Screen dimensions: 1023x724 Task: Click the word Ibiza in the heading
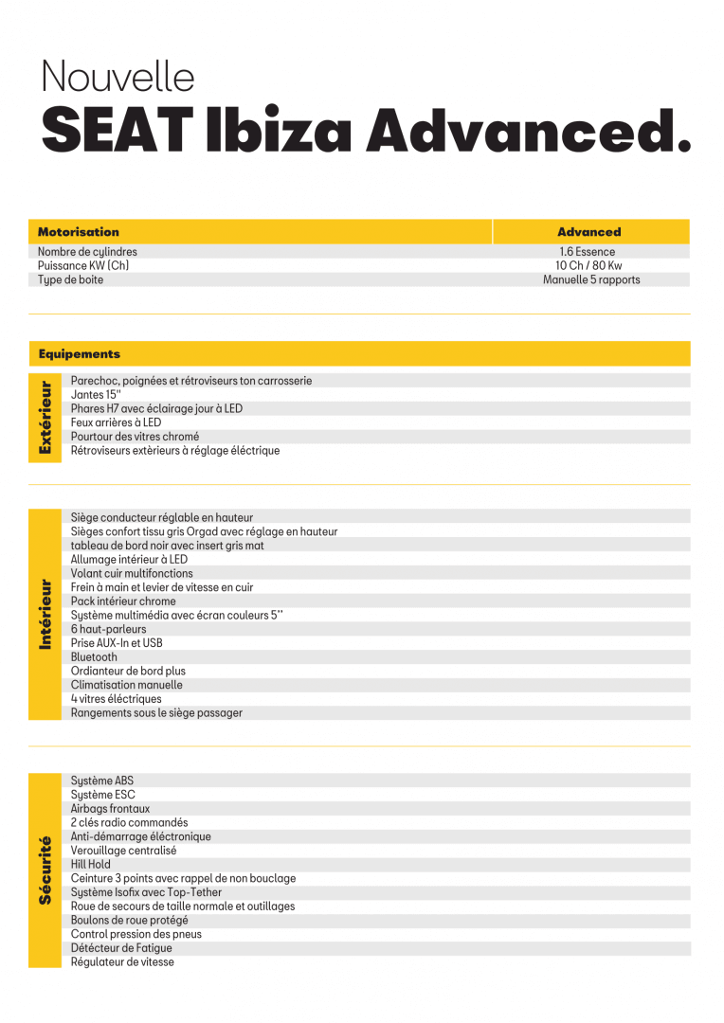[281, 131]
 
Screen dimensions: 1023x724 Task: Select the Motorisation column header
[79, 232]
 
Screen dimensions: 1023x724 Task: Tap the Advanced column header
[588, 232]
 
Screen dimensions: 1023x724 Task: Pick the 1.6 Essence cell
[587, 252]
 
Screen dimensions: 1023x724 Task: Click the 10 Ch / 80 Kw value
[588, 266]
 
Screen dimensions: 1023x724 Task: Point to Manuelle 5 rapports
[591, 280]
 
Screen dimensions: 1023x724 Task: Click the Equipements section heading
[80, 354]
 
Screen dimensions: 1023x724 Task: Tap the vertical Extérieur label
[45, 417]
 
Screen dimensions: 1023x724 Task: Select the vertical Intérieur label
[45, 615]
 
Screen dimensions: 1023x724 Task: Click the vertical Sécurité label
[45, 870]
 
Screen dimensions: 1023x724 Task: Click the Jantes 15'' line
[96, 395]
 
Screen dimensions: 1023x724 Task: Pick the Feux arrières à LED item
[116, 422]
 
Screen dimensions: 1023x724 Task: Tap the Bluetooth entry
[94, 657]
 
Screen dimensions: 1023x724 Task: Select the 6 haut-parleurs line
[109, 629]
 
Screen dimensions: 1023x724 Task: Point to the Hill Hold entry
[91, 865]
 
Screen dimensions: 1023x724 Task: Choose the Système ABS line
[102, 781]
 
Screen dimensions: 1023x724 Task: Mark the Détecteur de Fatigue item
[121, 948]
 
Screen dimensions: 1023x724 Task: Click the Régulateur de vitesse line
[122, 962]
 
